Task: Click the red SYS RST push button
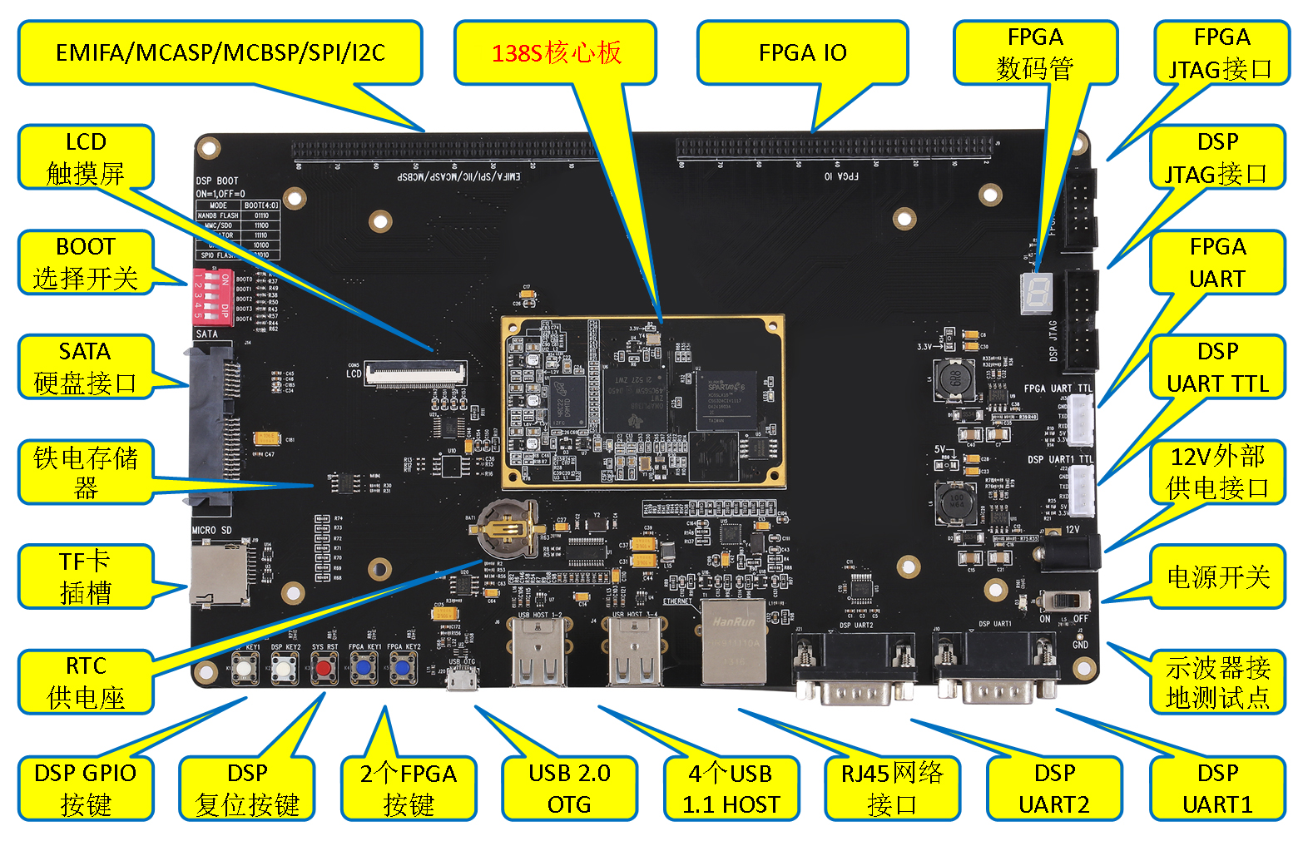coord(325,668)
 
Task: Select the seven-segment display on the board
coord(1037,293)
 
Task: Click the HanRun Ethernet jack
coord(733,641)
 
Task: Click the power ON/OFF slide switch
coord(1067,601)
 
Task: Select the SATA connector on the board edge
coord(209,427)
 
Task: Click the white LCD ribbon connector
coord(415,374)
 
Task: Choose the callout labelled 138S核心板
coord(556,53)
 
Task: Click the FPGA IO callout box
coord(802,53)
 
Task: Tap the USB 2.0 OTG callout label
coord(569,788)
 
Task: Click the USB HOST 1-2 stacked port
coord(540,653)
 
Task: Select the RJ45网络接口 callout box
coord(891,788)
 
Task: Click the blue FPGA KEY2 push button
coord(403,668)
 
